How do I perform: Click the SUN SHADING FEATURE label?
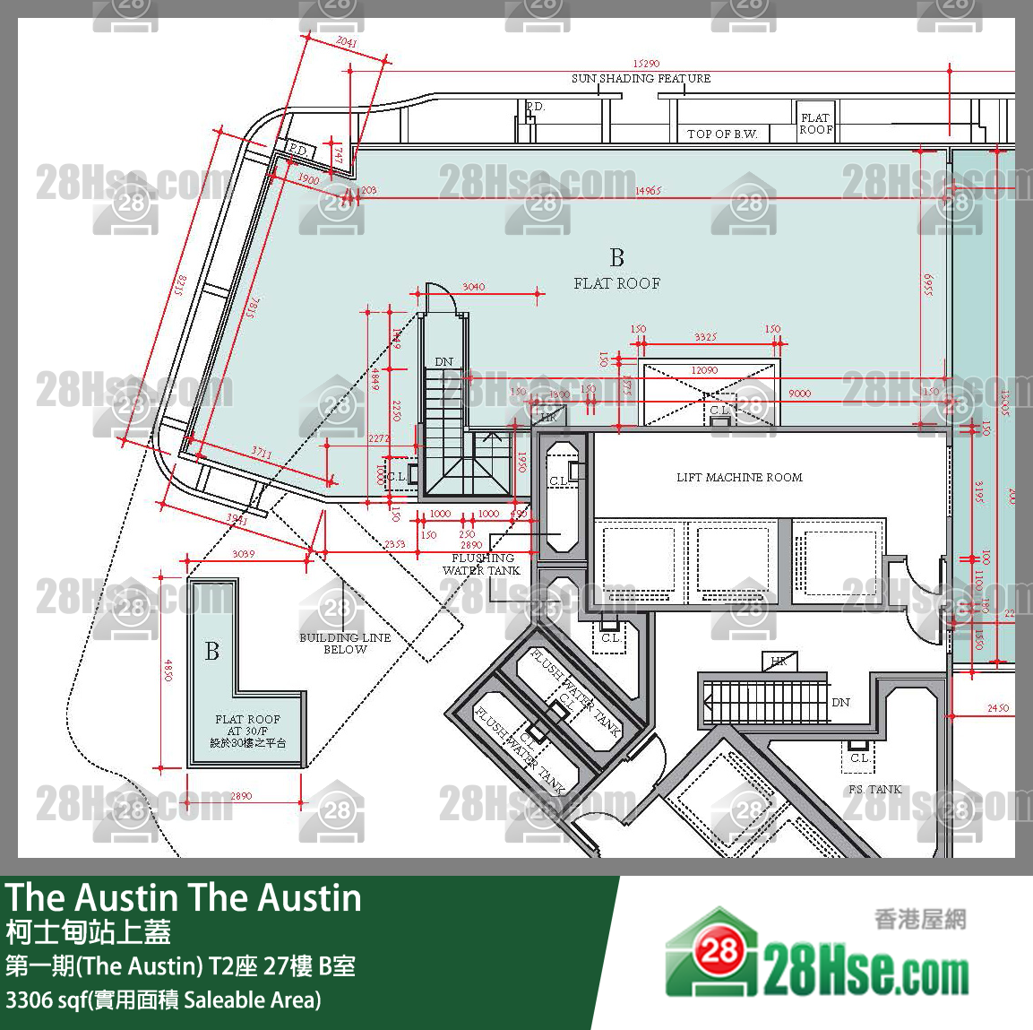point(641,79)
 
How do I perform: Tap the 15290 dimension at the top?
point(646,64)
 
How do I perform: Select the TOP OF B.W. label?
point(721,134)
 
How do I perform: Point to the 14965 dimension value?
point(648,191)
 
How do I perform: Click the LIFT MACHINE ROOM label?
point(739,478)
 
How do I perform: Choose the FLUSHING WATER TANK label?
point(482,564)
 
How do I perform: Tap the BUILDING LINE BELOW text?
point(345,643)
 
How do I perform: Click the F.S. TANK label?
point(874,790)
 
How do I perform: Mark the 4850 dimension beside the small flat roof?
point(168,671)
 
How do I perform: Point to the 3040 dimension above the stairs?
point(474,287)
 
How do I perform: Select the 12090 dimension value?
point(704,370)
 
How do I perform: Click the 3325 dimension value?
point(705,338)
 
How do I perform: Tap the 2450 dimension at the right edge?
point(998,708)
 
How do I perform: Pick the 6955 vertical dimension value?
point(927,286)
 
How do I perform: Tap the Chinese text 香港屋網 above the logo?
point(920,919)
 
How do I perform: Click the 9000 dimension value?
point(799,394)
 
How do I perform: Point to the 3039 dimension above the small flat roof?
point(244,554)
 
